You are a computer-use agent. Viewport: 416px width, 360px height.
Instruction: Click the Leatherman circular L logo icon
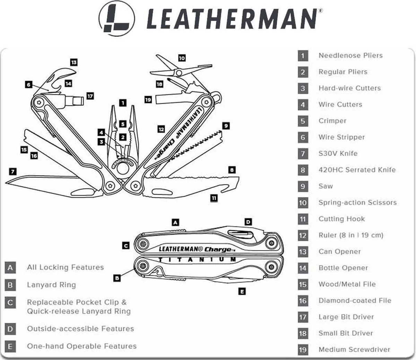[x=116, y=18]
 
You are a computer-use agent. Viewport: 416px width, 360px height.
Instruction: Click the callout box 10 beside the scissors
[x=182, y=58]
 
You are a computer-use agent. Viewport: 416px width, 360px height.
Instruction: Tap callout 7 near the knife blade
[x=13, y=171]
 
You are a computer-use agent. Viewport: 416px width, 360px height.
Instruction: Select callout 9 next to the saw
[x=226, y=126]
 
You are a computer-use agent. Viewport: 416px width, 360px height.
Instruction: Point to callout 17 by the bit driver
[x=90, y=96]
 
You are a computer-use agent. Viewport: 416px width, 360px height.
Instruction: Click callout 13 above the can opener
[x=73, y=62]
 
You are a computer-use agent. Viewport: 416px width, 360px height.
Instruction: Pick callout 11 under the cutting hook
[x=214, y=198]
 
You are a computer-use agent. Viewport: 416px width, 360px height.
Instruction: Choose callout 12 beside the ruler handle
[x=161, y=129]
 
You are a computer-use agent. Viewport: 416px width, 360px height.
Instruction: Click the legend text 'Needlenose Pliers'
[x=350, y=55]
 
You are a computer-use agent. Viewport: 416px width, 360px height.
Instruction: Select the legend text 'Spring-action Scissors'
[x=357, y=203]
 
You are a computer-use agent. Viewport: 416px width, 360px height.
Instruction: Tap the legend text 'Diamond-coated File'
[x=355, y=301]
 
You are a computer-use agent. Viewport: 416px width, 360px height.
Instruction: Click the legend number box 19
[x=303, y=350]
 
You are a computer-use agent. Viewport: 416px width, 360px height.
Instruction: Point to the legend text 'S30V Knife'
[x=338, y=153]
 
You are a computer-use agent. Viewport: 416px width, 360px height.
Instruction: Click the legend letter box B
[x=10, y=285]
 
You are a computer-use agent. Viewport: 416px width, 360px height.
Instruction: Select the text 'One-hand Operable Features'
[x=82, y=346]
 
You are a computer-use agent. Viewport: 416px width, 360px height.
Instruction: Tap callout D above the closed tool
[x=248, y=222]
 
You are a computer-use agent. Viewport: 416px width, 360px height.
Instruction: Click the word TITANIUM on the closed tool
[x=198, y=259]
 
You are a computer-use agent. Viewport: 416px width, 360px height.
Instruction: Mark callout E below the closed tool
[x=242, y=291]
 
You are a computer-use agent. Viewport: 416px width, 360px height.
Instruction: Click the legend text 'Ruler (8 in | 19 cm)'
[x=351, y=235]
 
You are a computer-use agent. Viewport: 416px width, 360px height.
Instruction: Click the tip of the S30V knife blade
[x=7, y=183]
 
